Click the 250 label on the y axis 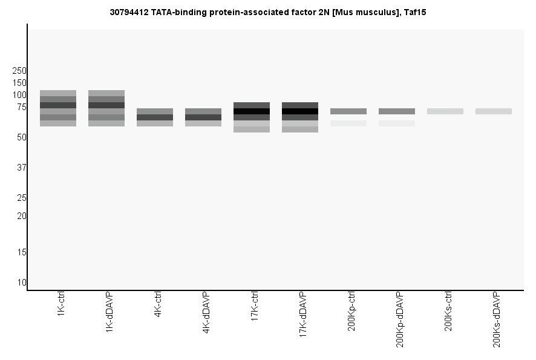coord(19,71)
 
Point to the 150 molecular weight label coord(19,83)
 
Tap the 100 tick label coord(19,95)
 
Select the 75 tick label coord(22,107)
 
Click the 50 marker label coord(22,137)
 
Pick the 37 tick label coord(22,168)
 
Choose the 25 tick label coord(22,198)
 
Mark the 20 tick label coord(22,216)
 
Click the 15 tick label coord(22,252)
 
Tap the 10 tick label coord(22,283)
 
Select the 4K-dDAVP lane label coord(206,313)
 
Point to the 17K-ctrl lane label coord(255,308)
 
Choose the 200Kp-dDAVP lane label coord(400,319)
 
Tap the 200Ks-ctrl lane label coord(448,311)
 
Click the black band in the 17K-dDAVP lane coord(300,111)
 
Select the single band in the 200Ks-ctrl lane coord(445,111)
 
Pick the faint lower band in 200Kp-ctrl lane coord(348,123)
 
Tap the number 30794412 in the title coord(128,11)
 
